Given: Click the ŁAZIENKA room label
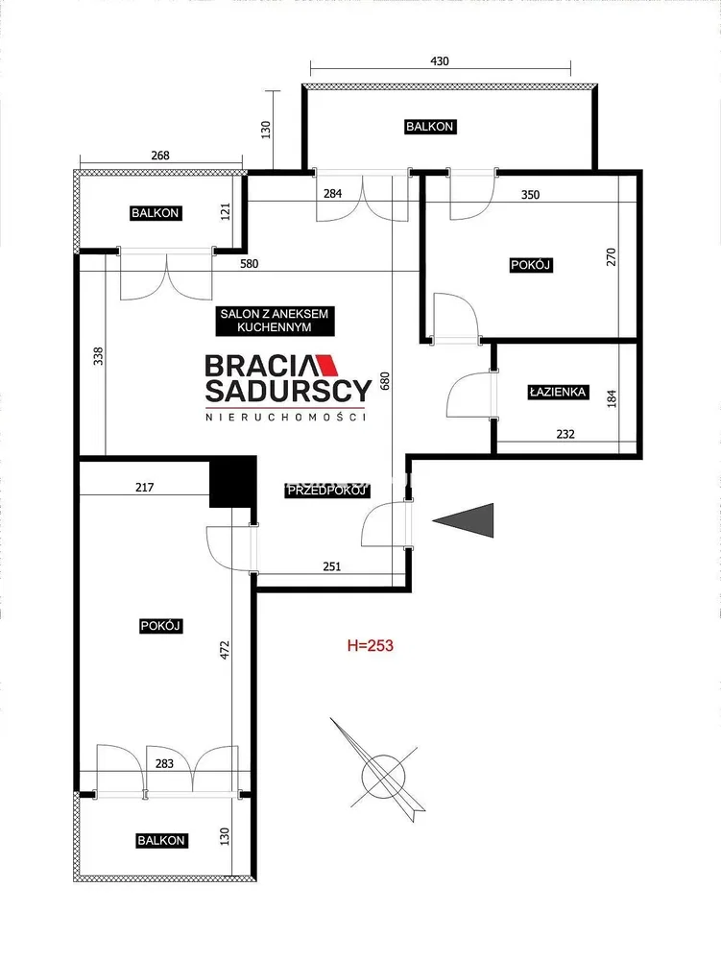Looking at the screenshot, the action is point(558,392).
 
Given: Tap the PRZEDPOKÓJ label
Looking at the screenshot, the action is point(327,491).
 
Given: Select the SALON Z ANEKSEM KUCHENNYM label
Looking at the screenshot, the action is point(275,321).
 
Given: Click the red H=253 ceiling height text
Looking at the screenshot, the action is point(371,645).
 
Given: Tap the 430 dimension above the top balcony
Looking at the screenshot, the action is point(440,61).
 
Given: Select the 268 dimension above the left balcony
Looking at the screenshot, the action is point(159,156).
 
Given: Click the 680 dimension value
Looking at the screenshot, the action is point(384,381).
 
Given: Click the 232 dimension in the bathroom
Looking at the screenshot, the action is point(565,434).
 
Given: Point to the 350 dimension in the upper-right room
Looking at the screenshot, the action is point(530,195).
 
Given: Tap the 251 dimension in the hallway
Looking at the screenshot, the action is point(332,566).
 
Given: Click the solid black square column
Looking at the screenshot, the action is point(232,482).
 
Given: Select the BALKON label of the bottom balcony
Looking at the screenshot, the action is point(161,841).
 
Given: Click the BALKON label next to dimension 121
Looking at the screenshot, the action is point(155,213).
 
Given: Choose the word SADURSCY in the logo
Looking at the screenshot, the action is point(288,390).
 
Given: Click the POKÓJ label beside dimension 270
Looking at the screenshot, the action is point(531,265).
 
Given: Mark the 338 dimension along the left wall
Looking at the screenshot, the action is point(99,356).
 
